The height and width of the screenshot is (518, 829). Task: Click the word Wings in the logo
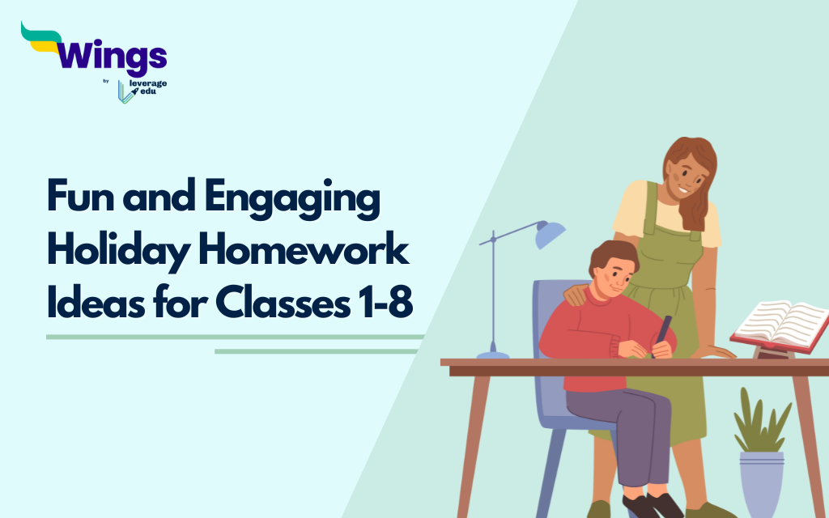click(113, 57)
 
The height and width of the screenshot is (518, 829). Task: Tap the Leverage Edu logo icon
click(125, 91)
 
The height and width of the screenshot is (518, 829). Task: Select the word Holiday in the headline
click(103, 253)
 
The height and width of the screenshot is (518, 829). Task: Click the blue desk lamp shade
click(551, 234)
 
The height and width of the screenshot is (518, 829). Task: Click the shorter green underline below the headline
click(315, 351)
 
